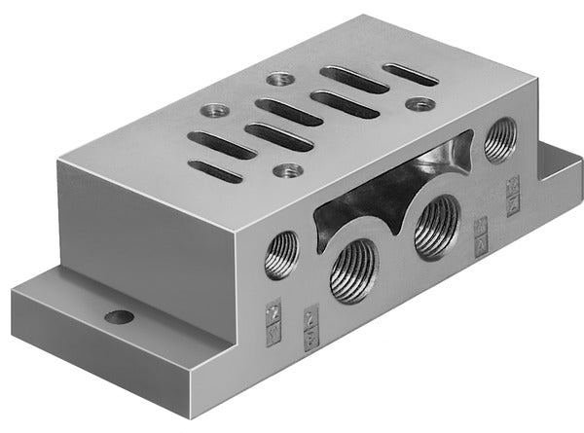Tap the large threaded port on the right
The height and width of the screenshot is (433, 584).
point(436,228)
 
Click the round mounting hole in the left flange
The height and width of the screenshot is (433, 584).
point(120,316)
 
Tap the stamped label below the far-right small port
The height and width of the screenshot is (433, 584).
point(513,193)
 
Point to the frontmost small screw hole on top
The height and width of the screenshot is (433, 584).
point(285,171)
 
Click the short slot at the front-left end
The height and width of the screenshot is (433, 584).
point(214,173)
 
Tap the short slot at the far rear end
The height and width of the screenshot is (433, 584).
point(410,74)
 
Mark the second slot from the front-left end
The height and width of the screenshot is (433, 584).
point(221,145)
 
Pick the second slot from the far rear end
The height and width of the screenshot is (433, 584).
point(354,79)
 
